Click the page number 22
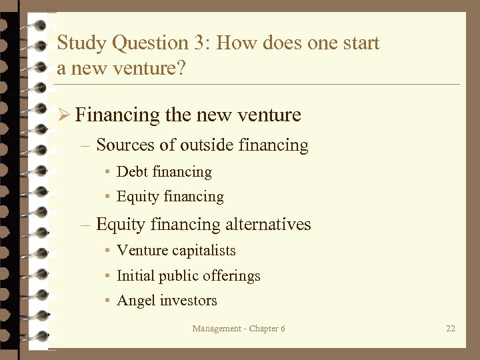point(451,329)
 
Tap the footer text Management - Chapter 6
point(239,329)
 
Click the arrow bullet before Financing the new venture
point(64,115)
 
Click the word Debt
point(133,172)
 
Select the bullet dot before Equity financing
point(107,197)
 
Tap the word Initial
point(135,276)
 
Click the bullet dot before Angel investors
point(107,301)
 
